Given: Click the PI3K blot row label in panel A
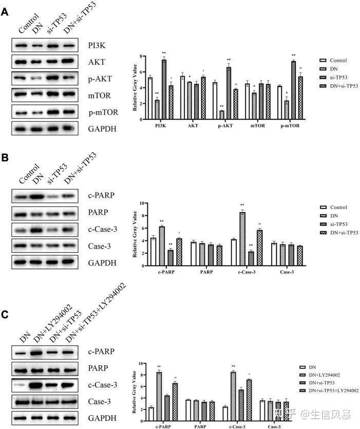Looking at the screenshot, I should pyautogui.click(x=98, y=46).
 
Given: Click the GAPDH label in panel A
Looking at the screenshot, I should pyautogui.click(x=103, y=128).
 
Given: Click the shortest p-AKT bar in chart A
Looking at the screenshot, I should pyautogui.click(x=222, y=115).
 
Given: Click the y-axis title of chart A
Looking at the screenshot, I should pyautogui.click(x=135, y=88).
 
